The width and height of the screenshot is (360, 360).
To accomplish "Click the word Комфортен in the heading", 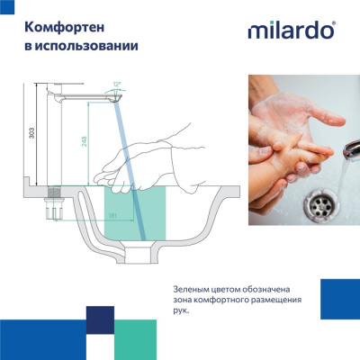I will [x=58, y=26].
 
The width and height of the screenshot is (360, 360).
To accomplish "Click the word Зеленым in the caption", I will [x=193, y=289].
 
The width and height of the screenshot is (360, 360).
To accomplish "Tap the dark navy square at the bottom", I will [x=100, y=319].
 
